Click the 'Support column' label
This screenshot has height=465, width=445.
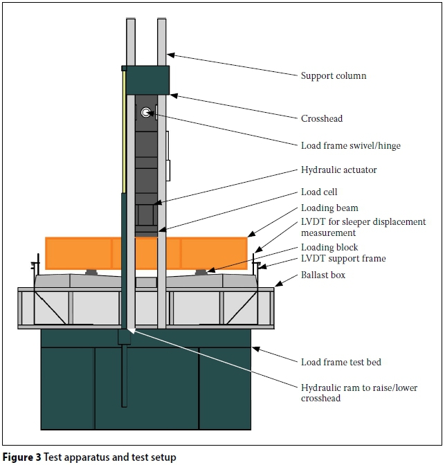334,75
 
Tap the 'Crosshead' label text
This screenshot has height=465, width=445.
322,118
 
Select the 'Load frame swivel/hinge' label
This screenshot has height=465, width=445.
351,145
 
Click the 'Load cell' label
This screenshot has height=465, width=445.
319,192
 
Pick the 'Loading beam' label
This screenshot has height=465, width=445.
329,208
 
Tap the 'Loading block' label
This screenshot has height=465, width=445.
330,247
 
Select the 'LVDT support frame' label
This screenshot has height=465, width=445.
343,258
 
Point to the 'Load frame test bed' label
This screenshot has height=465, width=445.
341,362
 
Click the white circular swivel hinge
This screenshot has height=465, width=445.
146,113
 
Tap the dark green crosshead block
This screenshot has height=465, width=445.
145,80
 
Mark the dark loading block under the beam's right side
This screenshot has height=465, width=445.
200,272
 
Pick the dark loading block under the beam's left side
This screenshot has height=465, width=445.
91,272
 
